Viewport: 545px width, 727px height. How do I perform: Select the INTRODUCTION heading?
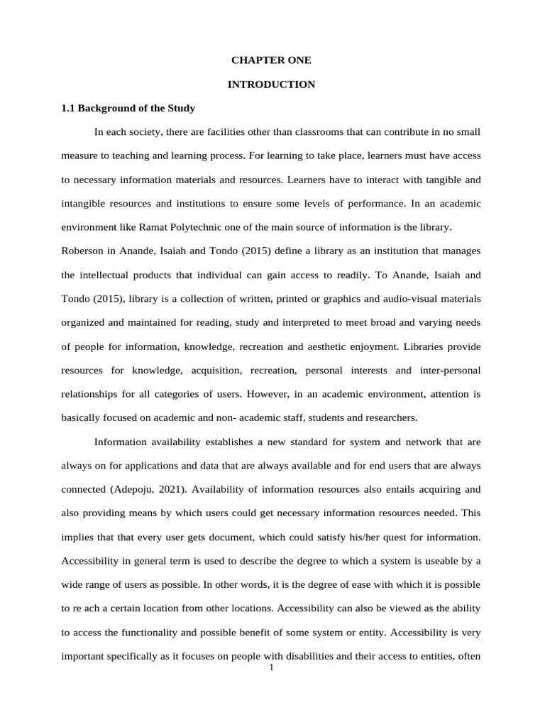coord(271,84)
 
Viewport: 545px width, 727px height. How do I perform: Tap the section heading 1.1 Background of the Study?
coord(128,109)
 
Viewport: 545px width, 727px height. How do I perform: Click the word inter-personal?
coord(448,370)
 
